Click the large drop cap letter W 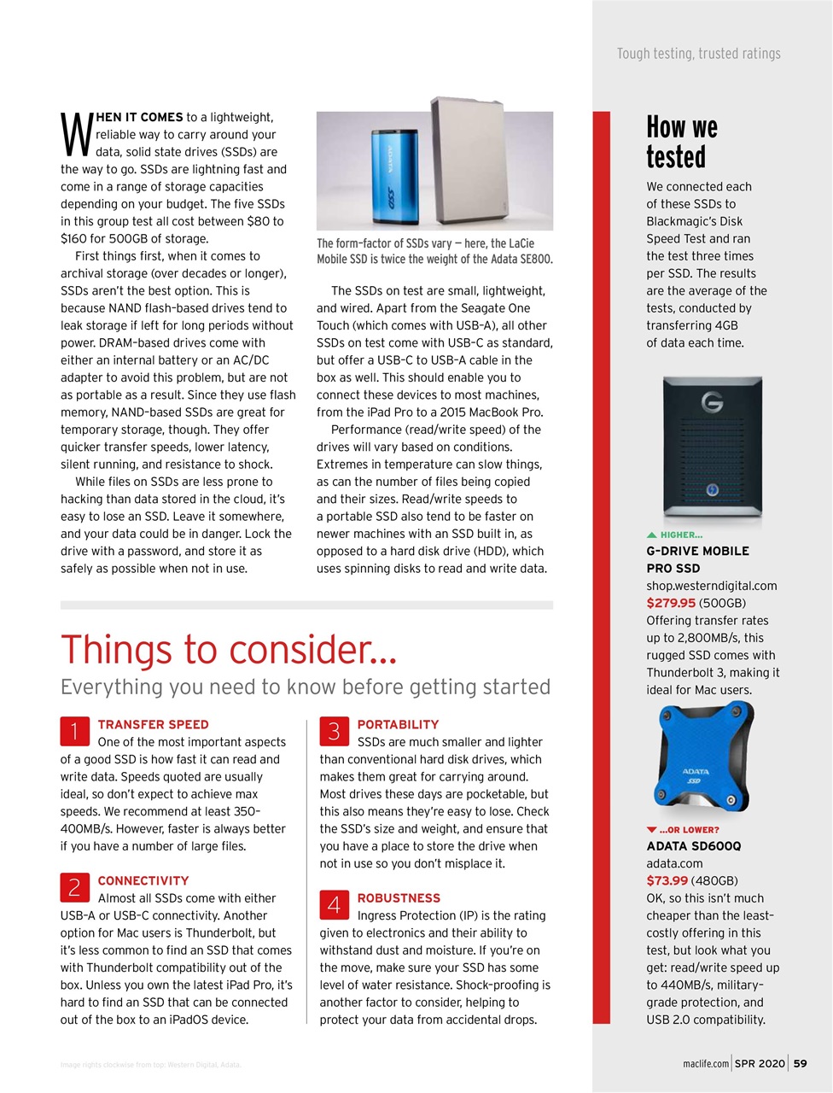pyautogui.click(x=76, y=133)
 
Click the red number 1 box pyautogui.click(x=74, y=731)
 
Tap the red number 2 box pyautogui.click(x=74, y=887)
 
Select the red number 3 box pyautogui.click(x=334, y=731)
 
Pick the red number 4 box pyautogui.click(x=334, y=904)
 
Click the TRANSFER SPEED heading pyautogui.click(x=153, y=724)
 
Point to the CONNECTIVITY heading pyautogui.click(x=143, y=880)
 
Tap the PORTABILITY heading pyautogui.click(x=398, y=724)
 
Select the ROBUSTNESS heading pyautogui.click(x=399, y=898)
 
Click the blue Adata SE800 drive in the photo pyautogui.click(x=393, y=171)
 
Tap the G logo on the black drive pyautogui.click(x=712, y=401)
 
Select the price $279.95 pyautogui.click(x=671, y=603)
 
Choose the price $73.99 pyautogui.click(x=667, y=880)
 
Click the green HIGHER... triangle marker pyautogui.click(x=652, y=535)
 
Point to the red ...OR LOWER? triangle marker pyautogui.click(x=652, y=830)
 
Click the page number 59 pyautogui.click(x=800, y=1063)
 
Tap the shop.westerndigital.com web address pyautogui.click(x=711, y=586)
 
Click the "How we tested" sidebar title pyautogui.click(x=681, y=143)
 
